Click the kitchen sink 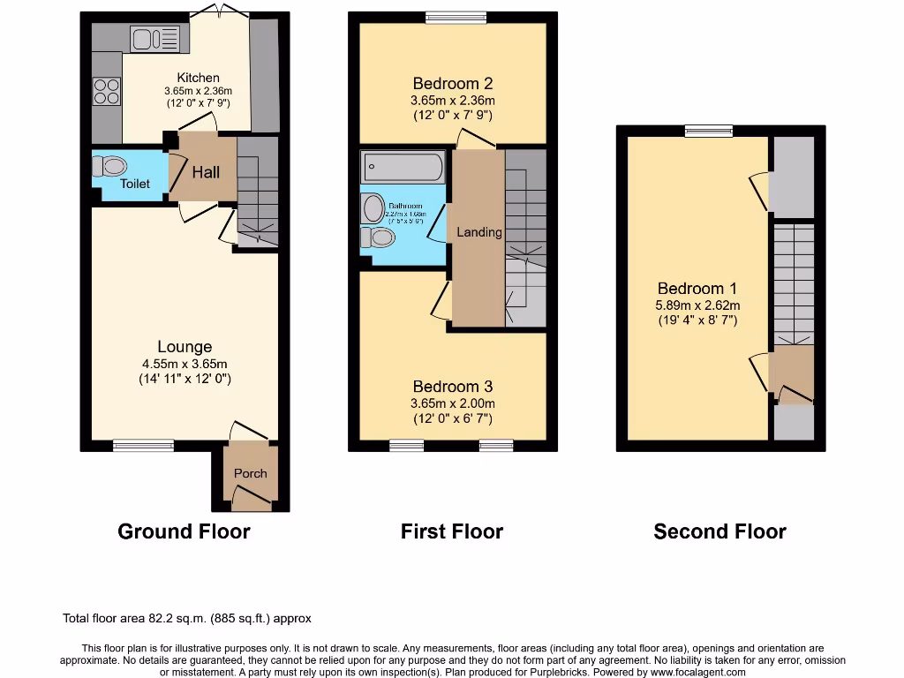tap(154, 38)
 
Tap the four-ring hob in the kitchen tap(107, 91)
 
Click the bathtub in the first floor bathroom tap(403, 166)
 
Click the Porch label tap(250, 473)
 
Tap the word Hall tap(207, 172)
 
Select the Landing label tap(478, 232)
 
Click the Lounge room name tap(185, 347)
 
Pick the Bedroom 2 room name tap(452, 84)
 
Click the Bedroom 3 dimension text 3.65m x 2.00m tap(452, 403)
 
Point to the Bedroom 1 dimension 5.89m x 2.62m tap(697, 305)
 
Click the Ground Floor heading tap(184, 531)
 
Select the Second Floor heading tap(719, 531)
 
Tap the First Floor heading tap(452, 531)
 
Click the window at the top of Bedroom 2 tap(456, 17)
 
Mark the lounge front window tap(143, 446)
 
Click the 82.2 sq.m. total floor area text tap(186, 619)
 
